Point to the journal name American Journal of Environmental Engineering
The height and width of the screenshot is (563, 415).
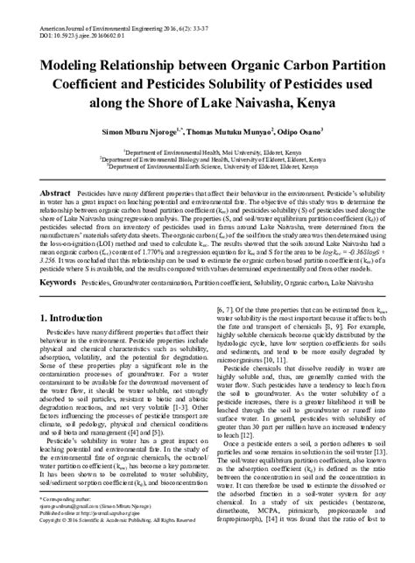tap(87, 6)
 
